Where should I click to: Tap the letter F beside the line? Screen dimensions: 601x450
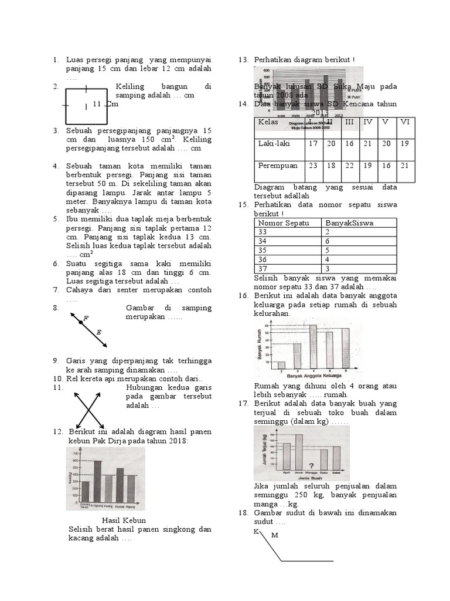pos(86,318)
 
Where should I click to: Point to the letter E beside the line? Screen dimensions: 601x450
pos(98,332)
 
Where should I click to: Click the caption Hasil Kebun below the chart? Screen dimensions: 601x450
pos(124,521)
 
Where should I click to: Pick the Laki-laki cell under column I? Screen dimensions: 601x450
pos(313,144)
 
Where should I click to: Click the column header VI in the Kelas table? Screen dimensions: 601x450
pos(404,122)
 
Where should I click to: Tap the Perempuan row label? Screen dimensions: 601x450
pos(278,166)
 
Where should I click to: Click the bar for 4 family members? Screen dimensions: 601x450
pos(313,346)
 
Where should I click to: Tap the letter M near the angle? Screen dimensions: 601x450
pos(274,535)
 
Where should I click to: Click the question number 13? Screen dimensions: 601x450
pos(243,60)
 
